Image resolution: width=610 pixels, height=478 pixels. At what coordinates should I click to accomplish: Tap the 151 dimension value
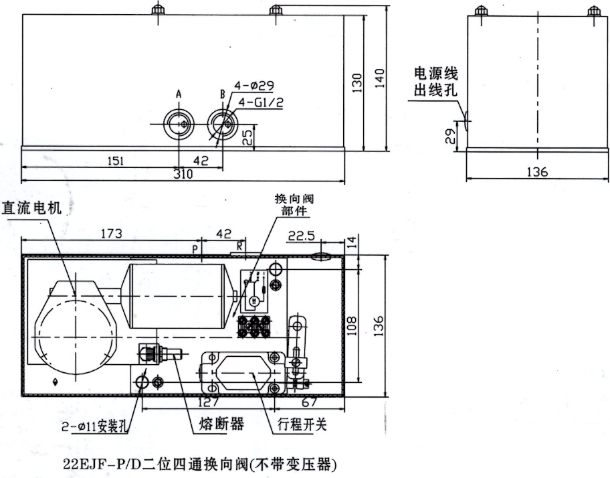pos(115,161)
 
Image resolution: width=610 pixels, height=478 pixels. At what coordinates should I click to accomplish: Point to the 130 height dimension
pos(357,82)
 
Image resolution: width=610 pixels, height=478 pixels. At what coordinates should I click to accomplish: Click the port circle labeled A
pos(179,124)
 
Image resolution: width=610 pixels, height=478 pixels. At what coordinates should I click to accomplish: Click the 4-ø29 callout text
pos(254,86)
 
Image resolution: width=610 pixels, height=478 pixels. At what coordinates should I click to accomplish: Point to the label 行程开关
pos(302,424)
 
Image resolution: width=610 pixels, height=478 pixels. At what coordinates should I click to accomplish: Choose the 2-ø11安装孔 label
pos(102,424)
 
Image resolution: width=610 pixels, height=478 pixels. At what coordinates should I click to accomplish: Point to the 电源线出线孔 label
pos(435,82)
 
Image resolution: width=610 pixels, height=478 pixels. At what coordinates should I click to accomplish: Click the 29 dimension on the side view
pos(450,137)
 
